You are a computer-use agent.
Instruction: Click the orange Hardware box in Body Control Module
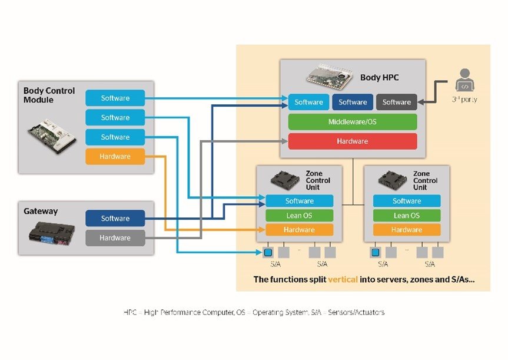115,156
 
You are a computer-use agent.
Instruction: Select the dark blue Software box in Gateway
115,219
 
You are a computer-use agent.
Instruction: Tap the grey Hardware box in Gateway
115,238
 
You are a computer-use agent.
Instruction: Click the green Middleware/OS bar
353,122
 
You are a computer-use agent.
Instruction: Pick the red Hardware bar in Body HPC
353,141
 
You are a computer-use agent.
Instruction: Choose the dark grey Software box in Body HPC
396,103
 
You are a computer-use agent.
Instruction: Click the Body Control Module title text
49,95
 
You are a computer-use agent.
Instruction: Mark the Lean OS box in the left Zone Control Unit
300,216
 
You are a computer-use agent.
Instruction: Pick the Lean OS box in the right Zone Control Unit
407,216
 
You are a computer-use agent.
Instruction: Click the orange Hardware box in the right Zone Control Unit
407,230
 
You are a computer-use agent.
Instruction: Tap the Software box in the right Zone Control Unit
407,201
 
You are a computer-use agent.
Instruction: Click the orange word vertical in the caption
343,279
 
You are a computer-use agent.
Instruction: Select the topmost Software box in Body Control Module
115,98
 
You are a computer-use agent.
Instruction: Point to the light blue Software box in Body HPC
309,103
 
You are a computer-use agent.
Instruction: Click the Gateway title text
41,211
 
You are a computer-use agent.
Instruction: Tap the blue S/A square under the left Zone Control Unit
268,252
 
